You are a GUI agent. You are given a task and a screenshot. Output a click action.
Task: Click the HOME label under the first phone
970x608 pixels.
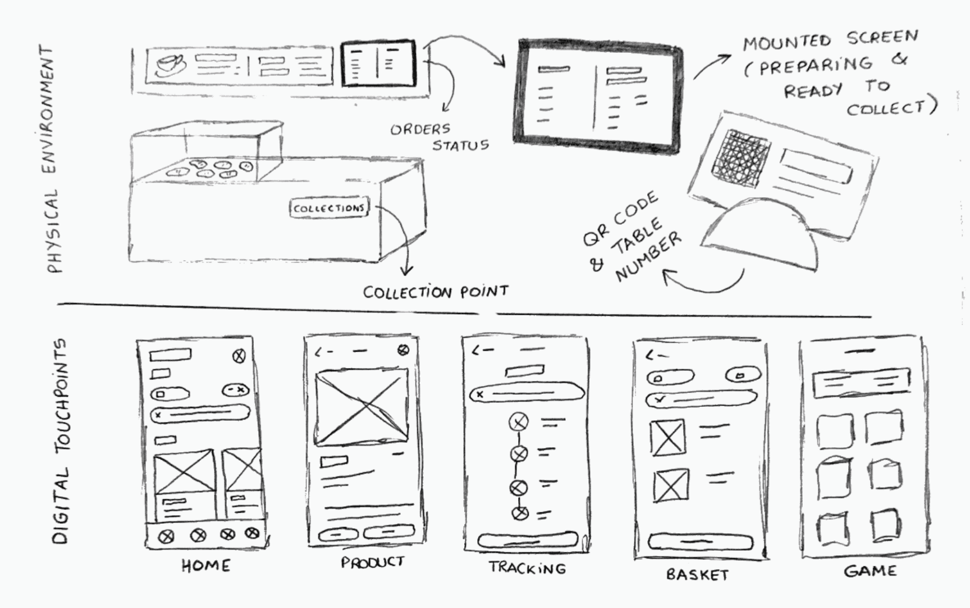205,565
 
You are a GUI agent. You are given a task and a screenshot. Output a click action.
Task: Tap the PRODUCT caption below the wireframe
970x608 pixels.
372,562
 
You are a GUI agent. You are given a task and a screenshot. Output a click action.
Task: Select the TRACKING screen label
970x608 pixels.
527,568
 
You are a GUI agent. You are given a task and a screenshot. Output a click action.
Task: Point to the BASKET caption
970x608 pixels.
697,574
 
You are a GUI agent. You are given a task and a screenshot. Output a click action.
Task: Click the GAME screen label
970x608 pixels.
870,571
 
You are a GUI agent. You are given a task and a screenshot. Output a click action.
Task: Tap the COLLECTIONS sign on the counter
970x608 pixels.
329,208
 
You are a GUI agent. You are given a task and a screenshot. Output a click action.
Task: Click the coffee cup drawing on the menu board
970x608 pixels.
170,65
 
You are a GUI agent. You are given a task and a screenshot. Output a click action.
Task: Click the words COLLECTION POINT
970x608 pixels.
436,292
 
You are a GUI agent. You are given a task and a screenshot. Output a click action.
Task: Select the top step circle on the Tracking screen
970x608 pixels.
518,421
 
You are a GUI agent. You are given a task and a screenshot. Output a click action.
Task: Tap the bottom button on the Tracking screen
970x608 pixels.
527,541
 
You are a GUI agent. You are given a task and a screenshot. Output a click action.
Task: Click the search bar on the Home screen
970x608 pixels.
200,415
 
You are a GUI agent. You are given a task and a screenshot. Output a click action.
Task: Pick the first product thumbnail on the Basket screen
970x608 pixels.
667,437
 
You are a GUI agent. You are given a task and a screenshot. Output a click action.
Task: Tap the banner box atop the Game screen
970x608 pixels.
861,383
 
